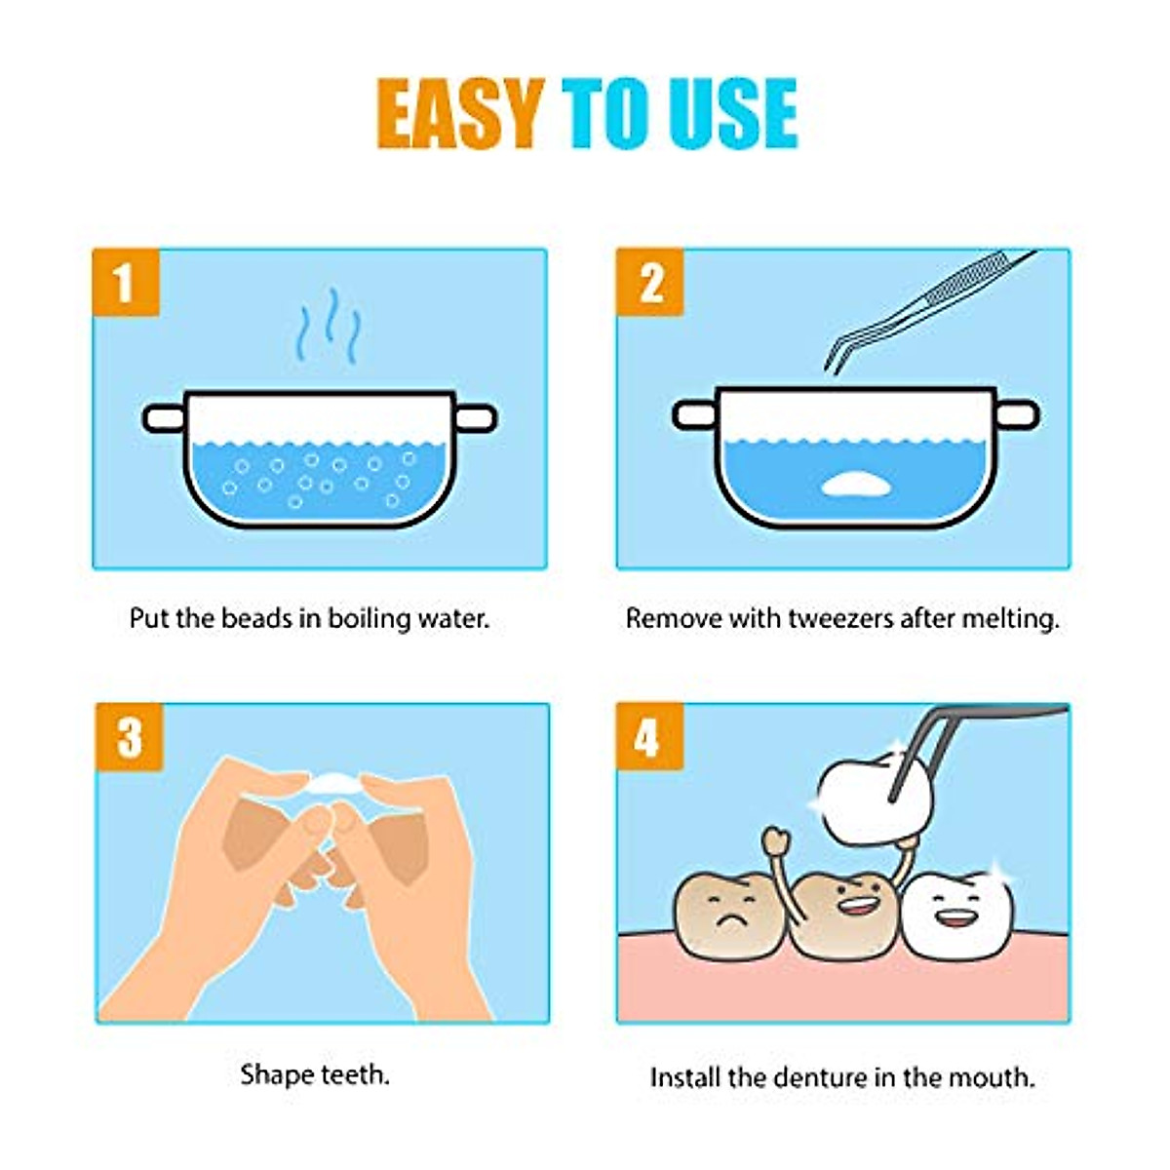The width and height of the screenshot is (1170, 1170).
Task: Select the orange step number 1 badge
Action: point(125,282)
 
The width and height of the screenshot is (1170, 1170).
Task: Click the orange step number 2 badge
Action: point(650,282)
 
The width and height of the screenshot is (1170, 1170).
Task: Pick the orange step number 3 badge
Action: point(130,737)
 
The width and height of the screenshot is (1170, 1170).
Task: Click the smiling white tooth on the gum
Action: point(957,912)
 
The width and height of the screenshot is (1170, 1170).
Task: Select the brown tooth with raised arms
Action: point(843,907)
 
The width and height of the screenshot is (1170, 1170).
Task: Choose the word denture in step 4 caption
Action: point(819,1077)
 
